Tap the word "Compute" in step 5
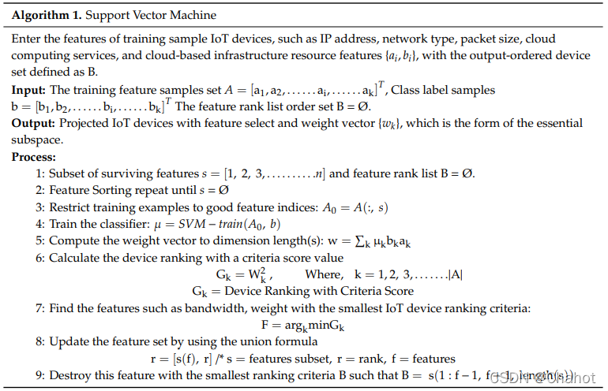point(73,240)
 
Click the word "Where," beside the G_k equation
point(325,274)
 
